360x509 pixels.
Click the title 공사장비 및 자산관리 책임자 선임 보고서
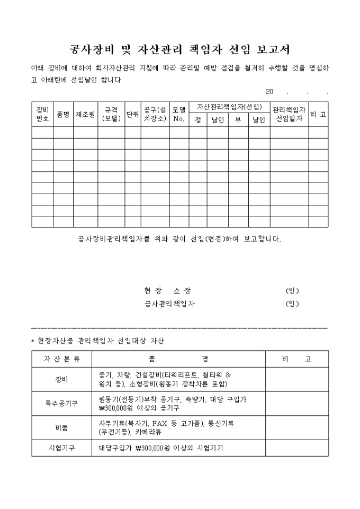(180, 50)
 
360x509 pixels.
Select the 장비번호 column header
(42, 114)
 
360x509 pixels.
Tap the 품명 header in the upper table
(63, 114)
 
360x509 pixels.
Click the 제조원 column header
(85, 114)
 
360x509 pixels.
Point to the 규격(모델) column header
(111, 114)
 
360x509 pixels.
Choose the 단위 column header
(132, 114)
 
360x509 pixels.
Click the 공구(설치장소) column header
(155, 114)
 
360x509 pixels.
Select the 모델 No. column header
(179, 114)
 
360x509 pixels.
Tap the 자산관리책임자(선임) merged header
(229, 107)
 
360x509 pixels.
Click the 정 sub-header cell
(198, 121)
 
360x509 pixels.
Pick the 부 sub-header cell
(238, 121)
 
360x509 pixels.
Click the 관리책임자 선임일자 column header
(289, 114)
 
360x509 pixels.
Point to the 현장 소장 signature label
(167, 291)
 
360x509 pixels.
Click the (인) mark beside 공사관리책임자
(292, 304)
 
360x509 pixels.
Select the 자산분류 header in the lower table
(62, 359)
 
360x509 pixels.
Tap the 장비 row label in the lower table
(62, 379)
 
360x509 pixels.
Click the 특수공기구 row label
(62, 404)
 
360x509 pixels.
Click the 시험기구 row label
(62, 448)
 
